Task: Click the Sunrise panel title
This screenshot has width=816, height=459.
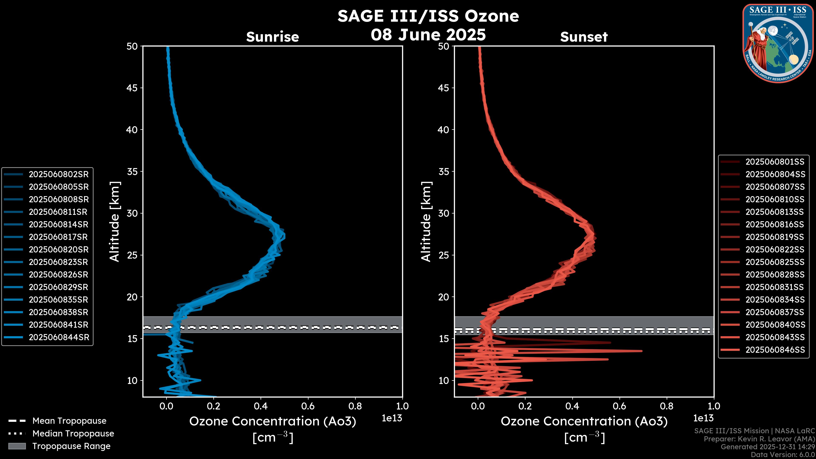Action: coord(272,37)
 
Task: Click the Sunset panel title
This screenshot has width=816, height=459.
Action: coord(584,37)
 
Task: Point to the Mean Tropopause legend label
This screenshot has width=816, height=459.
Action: coord(69,421)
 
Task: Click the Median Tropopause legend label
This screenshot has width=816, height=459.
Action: coord(73,433)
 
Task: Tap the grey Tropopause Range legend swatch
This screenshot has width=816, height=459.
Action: coord(17,446)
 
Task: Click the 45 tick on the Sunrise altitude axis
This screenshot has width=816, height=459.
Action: coord(132,88)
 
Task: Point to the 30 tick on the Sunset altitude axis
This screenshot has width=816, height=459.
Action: coord(443,213)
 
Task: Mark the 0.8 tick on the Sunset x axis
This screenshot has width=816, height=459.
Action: coord(666,406)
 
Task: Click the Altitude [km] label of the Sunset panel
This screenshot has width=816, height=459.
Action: coord(426,222)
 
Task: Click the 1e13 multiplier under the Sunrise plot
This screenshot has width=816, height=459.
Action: coord(392,418)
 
